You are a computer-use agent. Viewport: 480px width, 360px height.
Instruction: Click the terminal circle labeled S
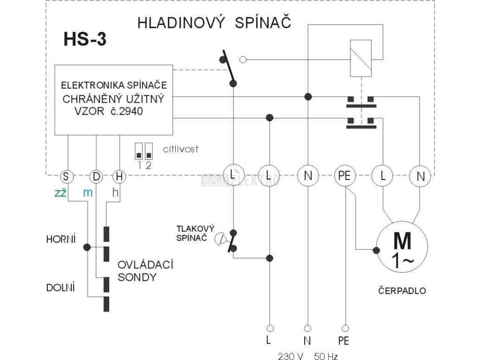(66, 177)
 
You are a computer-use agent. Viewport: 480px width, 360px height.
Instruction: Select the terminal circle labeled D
(96, 177)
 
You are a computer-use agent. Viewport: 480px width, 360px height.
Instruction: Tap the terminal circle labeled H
(120, 177)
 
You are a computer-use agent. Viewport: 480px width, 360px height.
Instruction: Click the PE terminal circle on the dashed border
(345, 176)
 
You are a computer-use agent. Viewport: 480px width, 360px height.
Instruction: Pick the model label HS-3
(85, 39)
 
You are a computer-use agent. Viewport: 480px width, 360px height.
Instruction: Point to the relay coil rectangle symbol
(361, 58)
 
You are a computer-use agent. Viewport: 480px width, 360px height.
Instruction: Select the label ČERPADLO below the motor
(402, 290)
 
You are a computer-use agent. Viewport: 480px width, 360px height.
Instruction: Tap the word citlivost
(180, 149)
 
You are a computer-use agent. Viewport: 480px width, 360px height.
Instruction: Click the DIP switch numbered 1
(139, 151)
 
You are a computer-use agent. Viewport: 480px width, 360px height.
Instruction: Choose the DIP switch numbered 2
(149, 151)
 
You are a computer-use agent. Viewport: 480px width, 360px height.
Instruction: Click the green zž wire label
(60, 193)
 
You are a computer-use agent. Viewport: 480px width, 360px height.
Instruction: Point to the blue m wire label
(88, 193)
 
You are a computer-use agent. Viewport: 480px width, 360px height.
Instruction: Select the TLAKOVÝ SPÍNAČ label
(195, 233)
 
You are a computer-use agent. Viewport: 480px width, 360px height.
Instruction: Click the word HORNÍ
(61, 239)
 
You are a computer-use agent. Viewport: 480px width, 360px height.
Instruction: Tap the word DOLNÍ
(60, 288)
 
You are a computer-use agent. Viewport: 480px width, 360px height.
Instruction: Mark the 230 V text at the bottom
(291, 356)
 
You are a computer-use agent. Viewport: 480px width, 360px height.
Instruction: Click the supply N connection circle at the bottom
(307, 329)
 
